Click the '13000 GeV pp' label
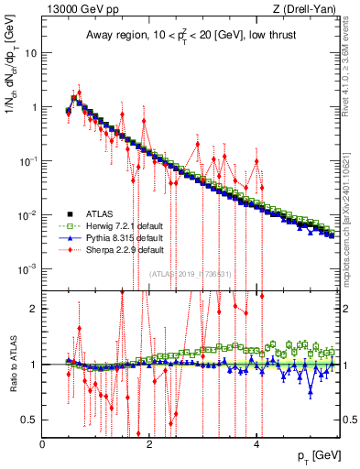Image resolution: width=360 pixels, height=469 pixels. click(x=81, y=10)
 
